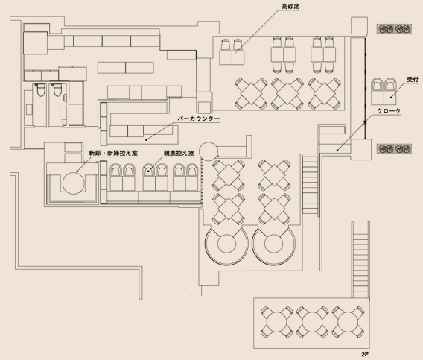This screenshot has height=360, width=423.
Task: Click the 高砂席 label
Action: pos(290,6)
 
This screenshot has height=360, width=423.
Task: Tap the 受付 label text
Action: pos(413,80)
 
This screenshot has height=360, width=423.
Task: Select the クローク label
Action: pos(389,111)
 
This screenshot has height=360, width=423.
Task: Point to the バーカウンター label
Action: pos(199,119)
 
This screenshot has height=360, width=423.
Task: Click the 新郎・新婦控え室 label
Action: pos(113,153)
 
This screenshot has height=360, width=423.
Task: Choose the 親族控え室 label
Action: pos(179,153)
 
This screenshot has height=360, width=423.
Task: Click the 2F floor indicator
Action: pos(365,354)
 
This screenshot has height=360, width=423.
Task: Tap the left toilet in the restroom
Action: pos(40,90)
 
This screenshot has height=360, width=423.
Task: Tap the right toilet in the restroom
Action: pos(57,90)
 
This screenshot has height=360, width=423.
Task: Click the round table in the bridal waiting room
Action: pos(74,183)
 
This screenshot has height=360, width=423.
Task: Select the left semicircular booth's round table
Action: pos(226,244)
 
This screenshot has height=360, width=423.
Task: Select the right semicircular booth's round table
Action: pos(274,244)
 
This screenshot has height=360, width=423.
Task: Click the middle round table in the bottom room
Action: pos(312,322)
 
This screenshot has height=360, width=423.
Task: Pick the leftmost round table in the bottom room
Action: pos(277,322)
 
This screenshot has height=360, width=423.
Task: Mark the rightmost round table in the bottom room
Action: pos(348,322)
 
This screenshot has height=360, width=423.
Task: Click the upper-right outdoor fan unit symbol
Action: pos(394,28)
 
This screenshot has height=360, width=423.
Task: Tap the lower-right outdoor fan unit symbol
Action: pos(394,148)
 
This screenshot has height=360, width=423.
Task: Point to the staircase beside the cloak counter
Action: pos(311,184)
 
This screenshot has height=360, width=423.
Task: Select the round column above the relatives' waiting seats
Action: pos(209,151)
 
